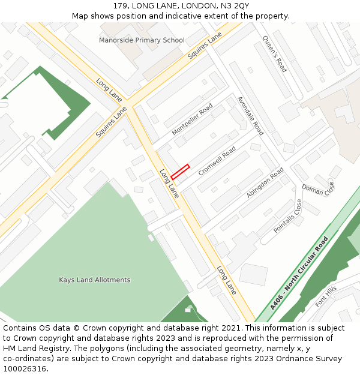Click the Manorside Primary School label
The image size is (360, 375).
point(142,40)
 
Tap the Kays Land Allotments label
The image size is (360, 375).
point(94,280)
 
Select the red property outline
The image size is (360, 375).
point(180,172)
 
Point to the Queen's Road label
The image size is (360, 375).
point(274,54)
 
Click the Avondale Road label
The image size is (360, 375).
point(250,115)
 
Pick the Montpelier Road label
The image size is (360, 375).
point(192,119)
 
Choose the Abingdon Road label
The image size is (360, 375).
point(265,183)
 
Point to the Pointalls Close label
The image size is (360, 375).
point(288,217)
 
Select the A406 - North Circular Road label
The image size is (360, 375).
point(299,273)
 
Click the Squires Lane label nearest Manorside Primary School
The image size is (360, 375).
point(205,46)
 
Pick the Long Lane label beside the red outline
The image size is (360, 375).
point(169,184)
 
